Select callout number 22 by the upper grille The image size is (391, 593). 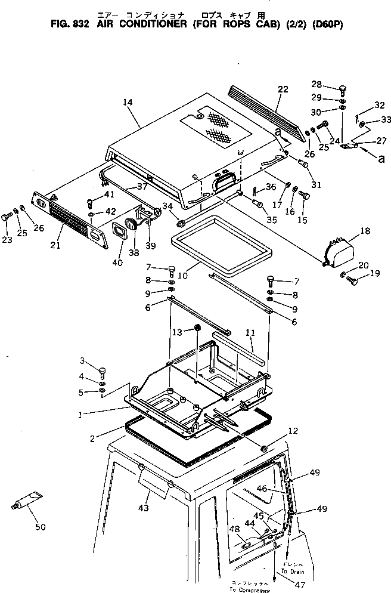(x=283, y=89)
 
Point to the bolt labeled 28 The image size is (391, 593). (x=343, y=91)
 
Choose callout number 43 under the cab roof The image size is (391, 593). (x=144, y=508)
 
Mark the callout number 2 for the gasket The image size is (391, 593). (x=92, y=438)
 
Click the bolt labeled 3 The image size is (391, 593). (x=102, y=372)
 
